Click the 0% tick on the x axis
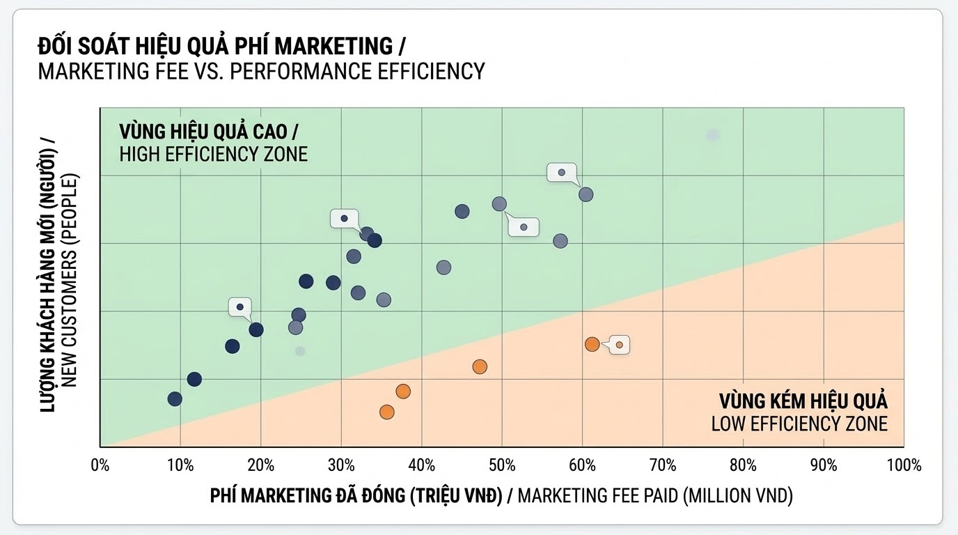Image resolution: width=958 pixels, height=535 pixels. (100, 465)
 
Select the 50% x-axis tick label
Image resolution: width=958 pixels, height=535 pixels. (502, 465)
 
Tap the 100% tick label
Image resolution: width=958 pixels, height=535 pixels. (904, 465)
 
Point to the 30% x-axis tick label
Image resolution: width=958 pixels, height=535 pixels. (341, 465)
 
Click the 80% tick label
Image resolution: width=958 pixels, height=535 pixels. (743, 465)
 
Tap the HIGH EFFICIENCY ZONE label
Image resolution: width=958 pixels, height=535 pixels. (213, 154)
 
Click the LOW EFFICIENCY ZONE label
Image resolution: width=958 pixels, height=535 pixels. (799, 423)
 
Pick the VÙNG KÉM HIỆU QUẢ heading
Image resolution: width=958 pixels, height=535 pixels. (803, 401)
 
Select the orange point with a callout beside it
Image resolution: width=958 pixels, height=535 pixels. (592, 344)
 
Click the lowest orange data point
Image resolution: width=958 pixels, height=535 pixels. (387, 412)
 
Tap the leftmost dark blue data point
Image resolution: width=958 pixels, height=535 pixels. (175, 398)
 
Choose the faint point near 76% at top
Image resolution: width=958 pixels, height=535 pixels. (712, 135)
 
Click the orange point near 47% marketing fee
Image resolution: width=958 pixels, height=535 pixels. (480, 366)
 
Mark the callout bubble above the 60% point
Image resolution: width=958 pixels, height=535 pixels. (562, 172)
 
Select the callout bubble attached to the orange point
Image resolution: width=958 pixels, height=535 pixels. (620, 345)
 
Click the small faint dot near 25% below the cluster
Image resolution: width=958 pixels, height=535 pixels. (300, 350)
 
